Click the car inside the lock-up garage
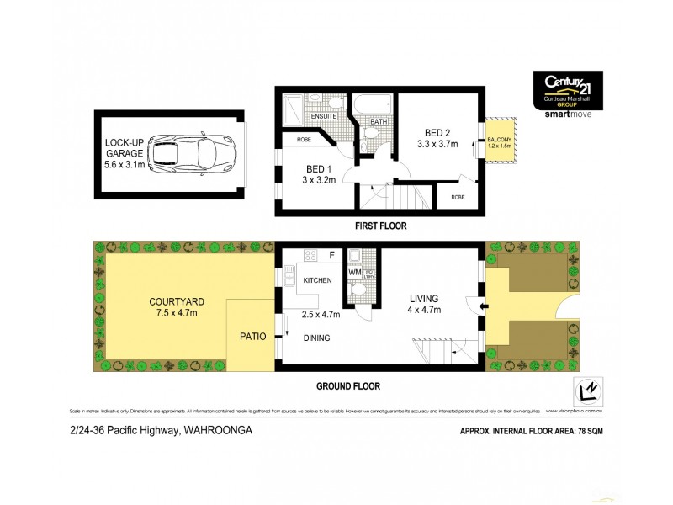pos(193,154)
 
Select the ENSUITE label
pos(323,115)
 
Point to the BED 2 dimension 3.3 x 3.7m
pos(437,144)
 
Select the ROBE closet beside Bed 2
pos(457,197)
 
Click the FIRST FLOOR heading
pos(381,226)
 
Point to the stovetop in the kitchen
pos(309,255)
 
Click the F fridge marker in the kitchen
pos(331,253)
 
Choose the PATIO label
pos(253,336)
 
